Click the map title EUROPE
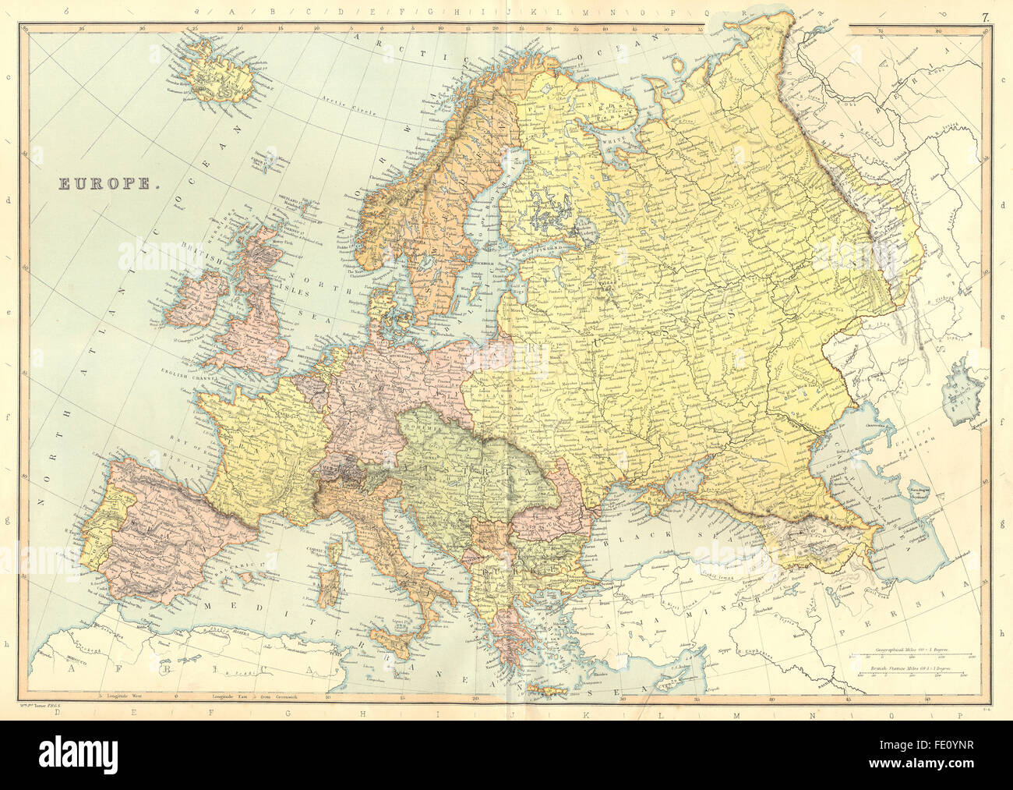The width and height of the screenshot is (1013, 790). pyautogui.click(x=107, y=185)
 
